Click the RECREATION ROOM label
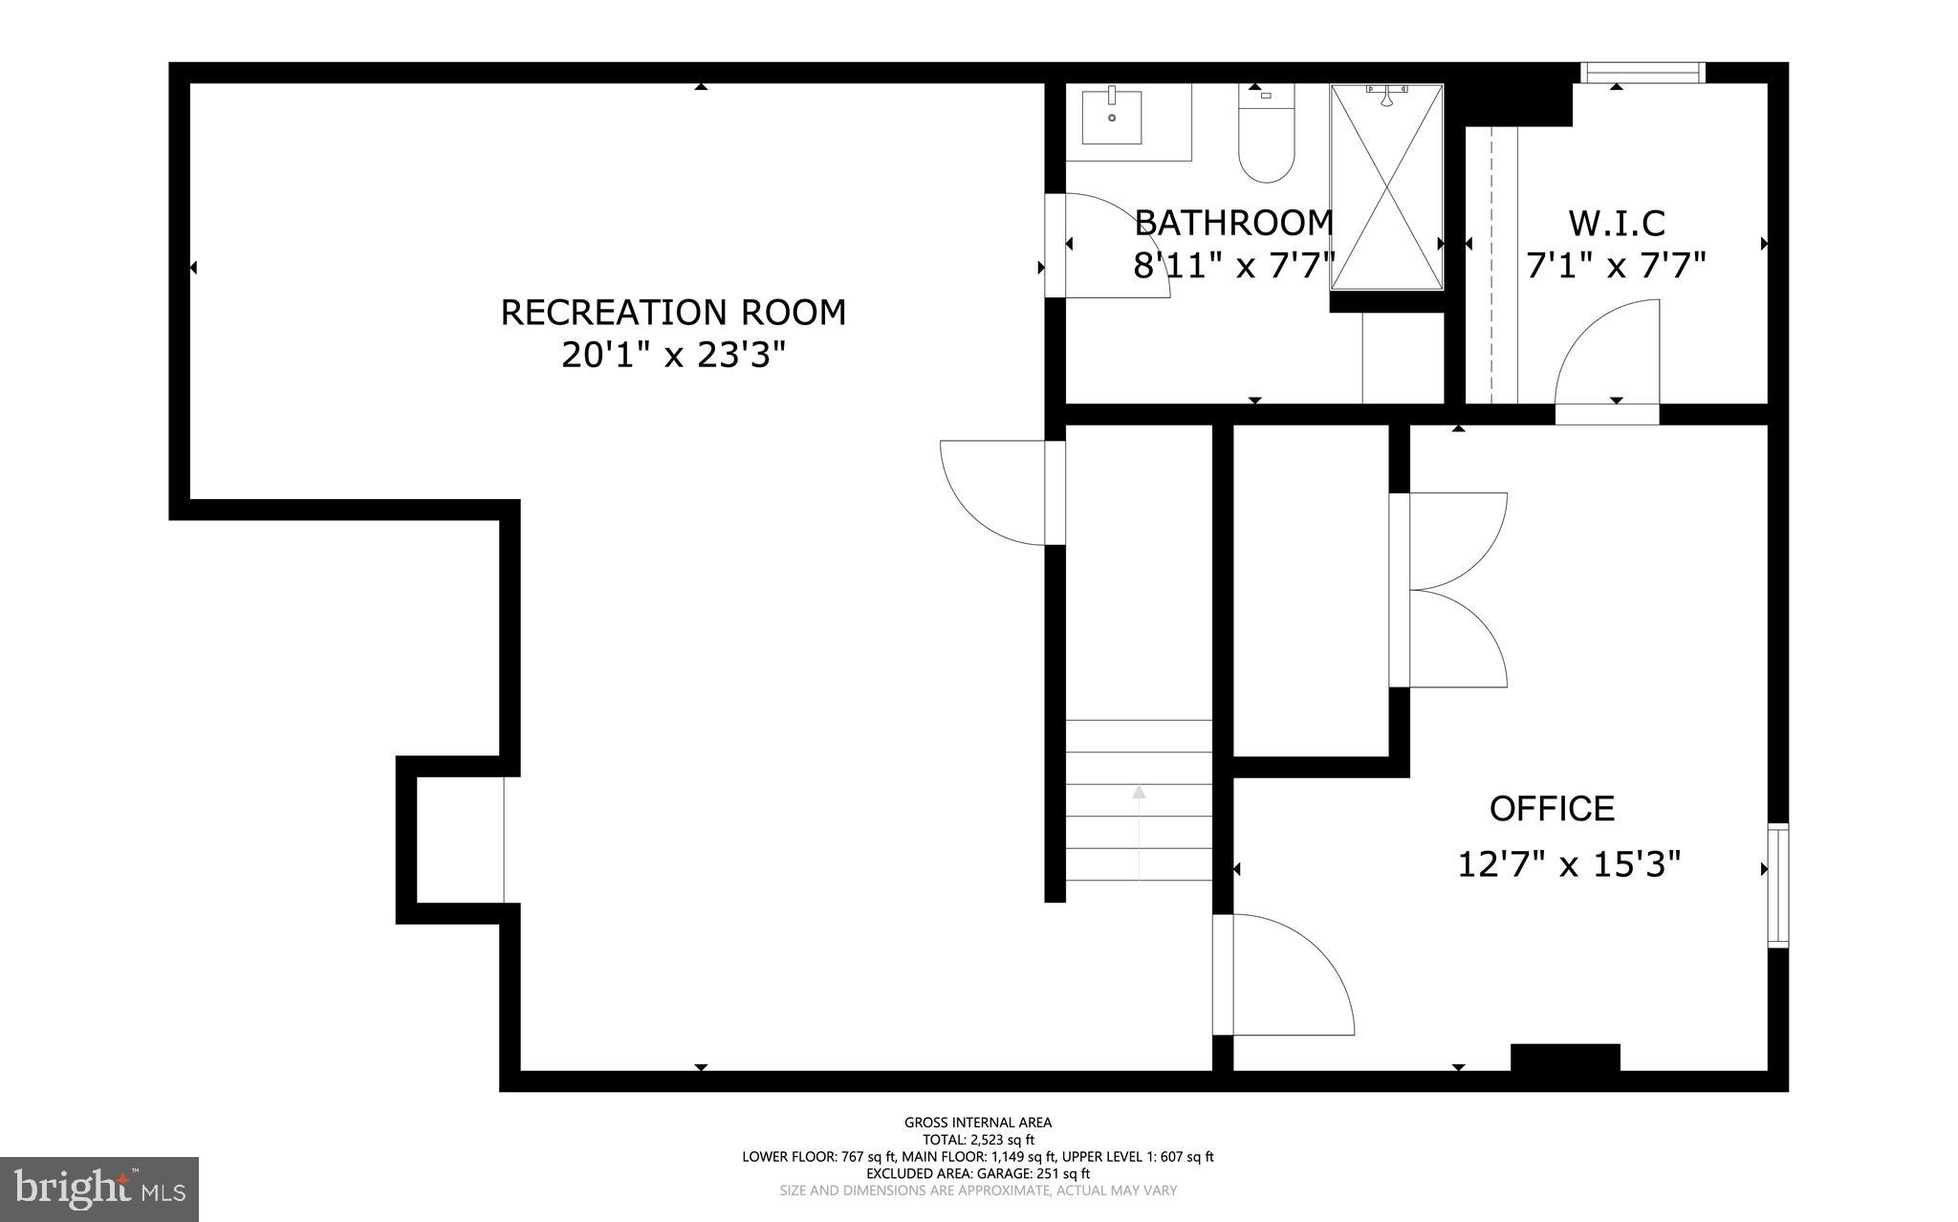(673, 313)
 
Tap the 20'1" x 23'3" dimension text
(673, 356)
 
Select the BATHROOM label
(1233, 223)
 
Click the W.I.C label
(1617, 223)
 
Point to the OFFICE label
(1552, 809)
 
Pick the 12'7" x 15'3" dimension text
(1568, 865)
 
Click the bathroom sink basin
(1112, 116)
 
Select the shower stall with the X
(1386, 186)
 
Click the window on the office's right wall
(1777, 885)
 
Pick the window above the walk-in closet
(1643, 73)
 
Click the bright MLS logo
(99, 1189)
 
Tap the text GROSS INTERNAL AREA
(978, 1123)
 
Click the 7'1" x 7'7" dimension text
(1617, 265)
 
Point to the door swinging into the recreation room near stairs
(994, 493)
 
